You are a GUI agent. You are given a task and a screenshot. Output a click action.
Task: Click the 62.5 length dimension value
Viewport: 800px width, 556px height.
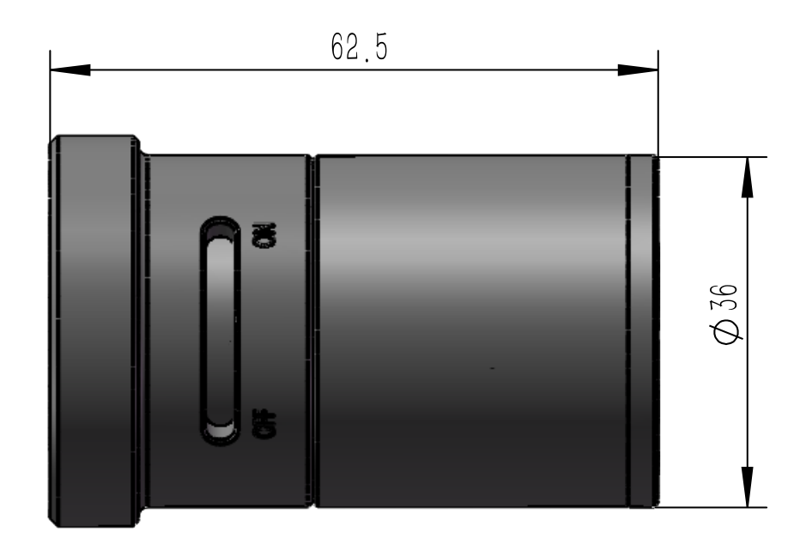tap(359, 49)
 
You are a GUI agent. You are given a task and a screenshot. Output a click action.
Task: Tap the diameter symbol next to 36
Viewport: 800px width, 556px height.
tap(724, 330)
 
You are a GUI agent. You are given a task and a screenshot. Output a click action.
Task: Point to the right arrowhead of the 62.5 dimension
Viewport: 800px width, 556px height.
tap(639, 71)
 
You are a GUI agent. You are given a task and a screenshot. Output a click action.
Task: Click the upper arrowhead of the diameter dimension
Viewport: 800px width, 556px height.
tap(748, 176)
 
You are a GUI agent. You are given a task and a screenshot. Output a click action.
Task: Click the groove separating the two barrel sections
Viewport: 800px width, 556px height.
tap(311, 330)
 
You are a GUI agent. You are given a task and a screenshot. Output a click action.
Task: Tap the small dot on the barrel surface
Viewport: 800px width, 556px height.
tap(492, 369)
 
